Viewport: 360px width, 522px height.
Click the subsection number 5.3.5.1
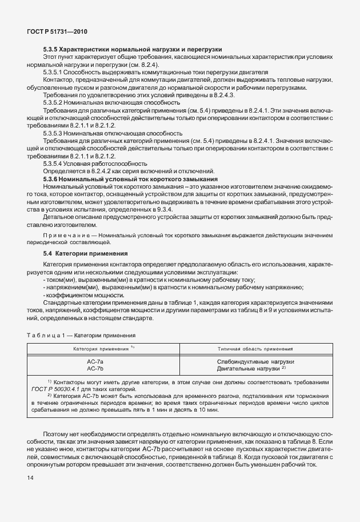[x=55, y=72]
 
